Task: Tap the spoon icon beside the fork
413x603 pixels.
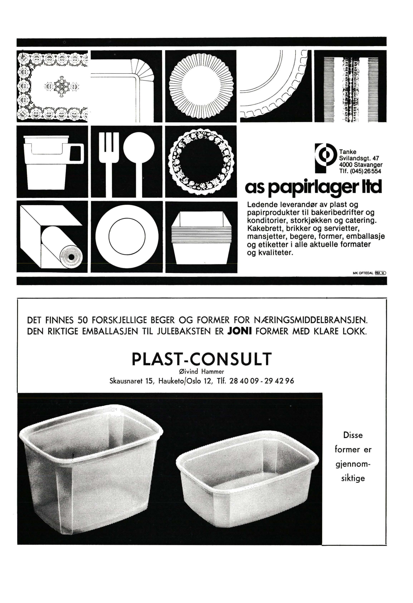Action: (x=139, y=156)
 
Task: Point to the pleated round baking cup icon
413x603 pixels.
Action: (x=201, y=86)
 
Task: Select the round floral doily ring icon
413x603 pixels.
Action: (x=201, y=161)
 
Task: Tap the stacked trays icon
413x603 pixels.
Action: (x=201, y=237)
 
